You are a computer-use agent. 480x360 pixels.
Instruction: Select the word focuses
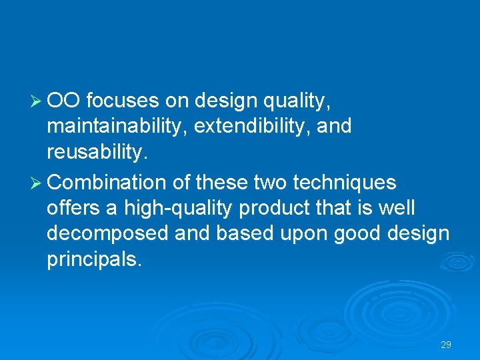123,101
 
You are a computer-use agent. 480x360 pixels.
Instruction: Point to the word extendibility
250,127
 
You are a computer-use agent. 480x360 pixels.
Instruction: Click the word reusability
95,153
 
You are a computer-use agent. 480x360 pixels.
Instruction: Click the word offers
74,209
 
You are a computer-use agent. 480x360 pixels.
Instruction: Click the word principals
94,260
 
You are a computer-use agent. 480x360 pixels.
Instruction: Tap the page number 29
446,345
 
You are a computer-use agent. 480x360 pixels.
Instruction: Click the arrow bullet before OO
38,101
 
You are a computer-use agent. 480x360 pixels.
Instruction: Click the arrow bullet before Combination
38,183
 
